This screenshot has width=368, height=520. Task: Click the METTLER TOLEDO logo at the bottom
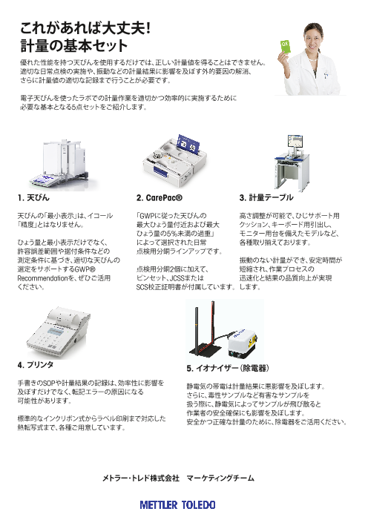click(x=177, y=504)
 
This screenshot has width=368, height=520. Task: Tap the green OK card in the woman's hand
click(x=285, y=47)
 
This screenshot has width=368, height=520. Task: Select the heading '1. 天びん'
click(x=33, y=197)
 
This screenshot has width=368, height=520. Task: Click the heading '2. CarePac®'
click(x=160, y=197)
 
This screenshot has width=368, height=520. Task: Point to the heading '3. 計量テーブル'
click(x=266, y=197)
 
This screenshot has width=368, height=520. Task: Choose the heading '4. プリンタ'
click(x=36, y=365)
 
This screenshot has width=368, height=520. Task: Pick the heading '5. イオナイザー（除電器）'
click(x=228, y=368)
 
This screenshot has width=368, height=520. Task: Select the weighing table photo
click(x=292, y=163)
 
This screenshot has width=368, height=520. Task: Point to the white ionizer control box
click(x=242, y=343)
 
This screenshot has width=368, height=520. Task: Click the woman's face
click(x=312, y=39)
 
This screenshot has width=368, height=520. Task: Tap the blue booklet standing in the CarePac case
click(x=188, y=145)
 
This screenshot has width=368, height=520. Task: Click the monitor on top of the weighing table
click(x=295, y=142)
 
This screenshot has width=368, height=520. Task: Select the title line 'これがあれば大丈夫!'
click(x=85, y=28)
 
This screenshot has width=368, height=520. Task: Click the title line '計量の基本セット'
click(x=74, y=46)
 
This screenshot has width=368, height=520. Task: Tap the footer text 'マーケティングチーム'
click(x=220, y=478)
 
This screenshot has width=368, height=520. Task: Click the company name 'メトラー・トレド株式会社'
click(x=141, y=478)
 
